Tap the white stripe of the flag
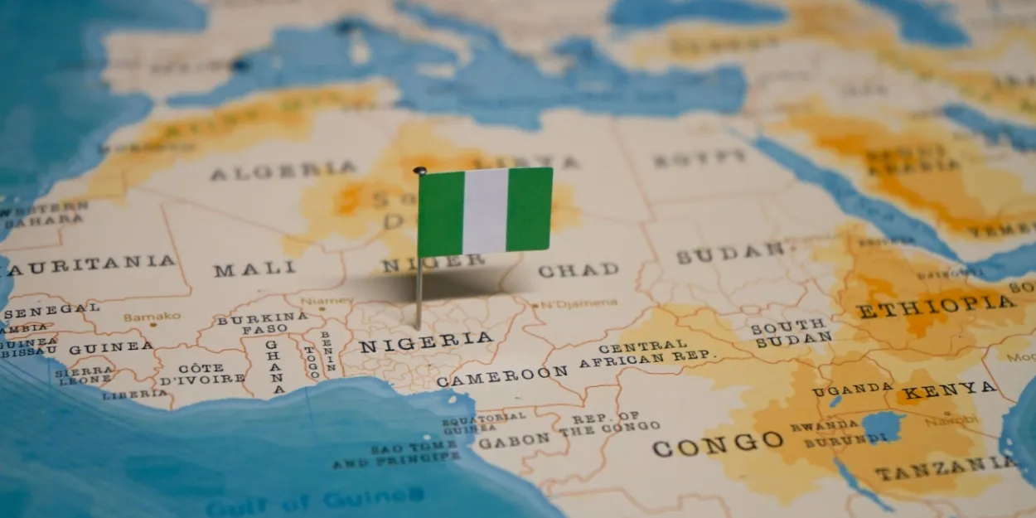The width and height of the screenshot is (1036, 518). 485,211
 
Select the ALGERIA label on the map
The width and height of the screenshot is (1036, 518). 283,172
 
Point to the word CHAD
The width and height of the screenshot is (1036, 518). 578,269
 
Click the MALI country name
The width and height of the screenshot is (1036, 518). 254,269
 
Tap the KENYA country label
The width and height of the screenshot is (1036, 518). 950,390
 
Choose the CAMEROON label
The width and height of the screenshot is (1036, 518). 502,376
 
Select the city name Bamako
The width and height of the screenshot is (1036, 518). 152,317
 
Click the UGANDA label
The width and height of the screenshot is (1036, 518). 852,389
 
